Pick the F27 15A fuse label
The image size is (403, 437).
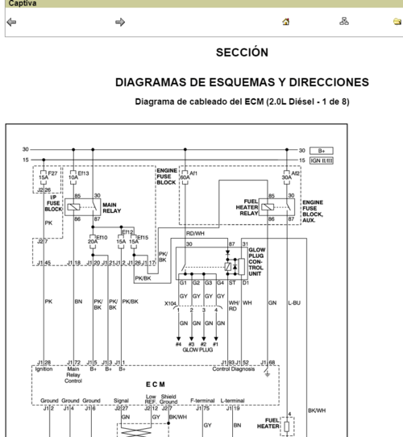tap(51, 176)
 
